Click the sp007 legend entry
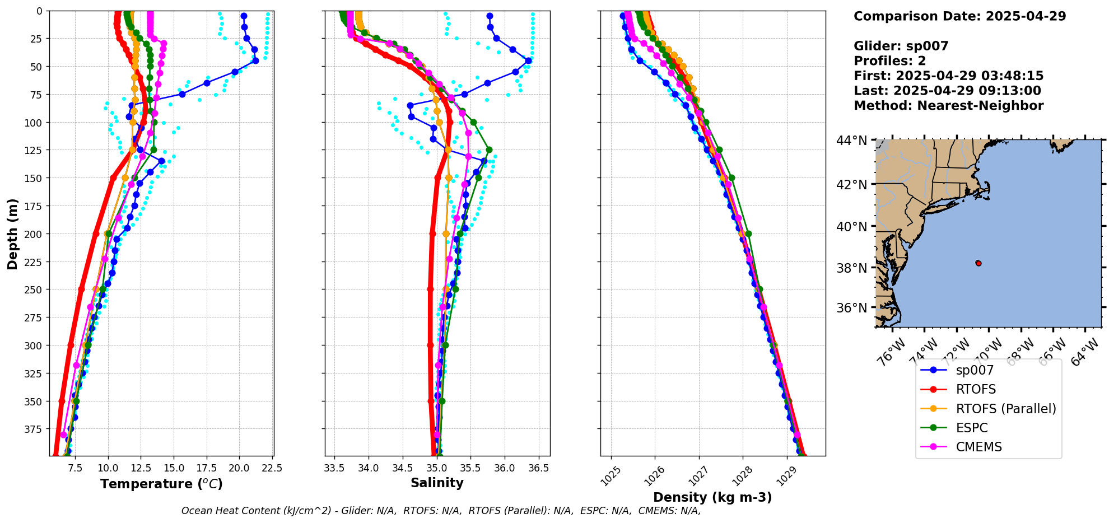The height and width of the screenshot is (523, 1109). point(974,370)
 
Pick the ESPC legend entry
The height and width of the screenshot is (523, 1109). point(971,428)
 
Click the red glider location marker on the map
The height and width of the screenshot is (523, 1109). point(978,263)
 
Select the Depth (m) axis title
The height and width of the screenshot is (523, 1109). point(12,234)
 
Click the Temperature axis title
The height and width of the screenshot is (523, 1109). point(161,484)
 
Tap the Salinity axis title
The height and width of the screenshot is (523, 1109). point(437,483)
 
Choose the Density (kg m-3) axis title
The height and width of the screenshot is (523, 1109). point(712,497)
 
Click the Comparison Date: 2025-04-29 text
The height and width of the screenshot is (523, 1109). point(959,16)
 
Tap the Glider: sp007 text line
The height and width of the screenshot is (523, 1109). point(901,46)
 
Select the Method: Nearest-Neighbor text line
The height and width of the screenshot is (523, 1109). point(948,106)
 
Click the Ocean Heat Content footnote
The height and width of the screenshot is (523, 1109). point(441,511)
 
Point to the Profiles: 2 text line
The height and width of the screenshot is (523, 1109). point(889,61)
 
